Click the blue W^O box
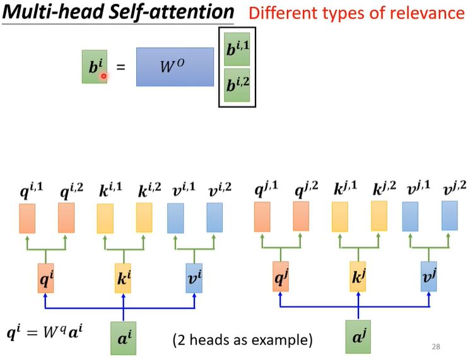coord(175,67)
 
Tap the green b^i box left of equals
coord(95,66)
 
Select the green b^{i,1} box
coord(237,49)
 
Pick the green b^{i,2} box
coord(237,85)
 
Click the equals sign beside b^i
coord(120,67)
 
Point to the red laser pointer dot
coord(103,76)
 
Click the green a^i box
coord(123,338)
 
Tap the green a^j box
coord(358,337)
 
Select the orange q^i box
coord(46,278)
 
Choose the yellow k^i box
coord(123,278)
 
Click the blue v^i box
coord(194,278)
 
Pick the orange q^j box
coord(281,276)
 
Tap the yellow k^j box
coord(358,276)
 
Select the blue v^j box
coord(428,276)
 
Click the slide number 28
coord(436,347)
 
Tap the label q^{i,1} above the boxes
coord(32,190)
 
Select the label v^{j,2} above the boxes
coord(454,189)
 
